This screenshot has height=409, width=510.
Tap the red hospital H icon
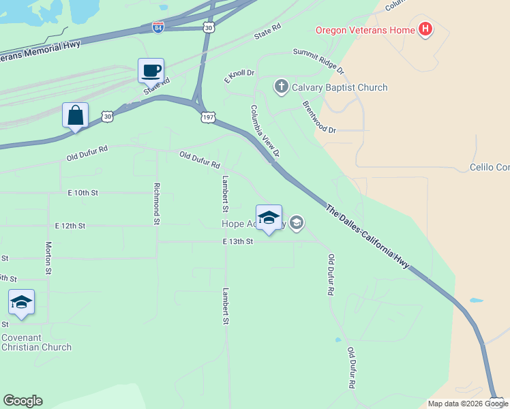pyautogui.click(x=426, y=29)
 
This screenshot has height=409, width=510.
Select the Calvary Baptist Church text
pyautogui.click(x=340, y=87)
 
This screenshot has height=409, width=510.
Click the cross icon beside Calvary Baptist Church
pyautogui.click(x=281, y=87)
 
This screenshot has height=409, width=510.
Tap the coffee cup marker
pyautogui.click(x=151, y=70)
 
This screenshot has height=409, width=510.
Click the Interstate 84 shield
pyautogui.click(x=157, y=27)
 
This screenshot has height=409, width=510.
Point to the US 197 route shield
pyautogui.click(x=209, y=117)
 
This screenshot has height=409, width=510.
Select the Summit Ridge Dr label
pyautogui.click(x=318, y=61)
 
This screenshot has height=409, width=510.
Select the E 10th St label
pyautogui.click(x=82, y=193)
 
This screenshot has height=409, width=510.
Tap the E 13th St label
pyautogui.click(x=237, y=241)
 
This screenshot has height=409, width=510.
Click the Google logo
pyautogui.click(x=22, y=401)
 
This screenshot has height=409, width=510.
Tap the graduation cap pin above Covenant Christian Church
pyautogui.click(x=21, y=303)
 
